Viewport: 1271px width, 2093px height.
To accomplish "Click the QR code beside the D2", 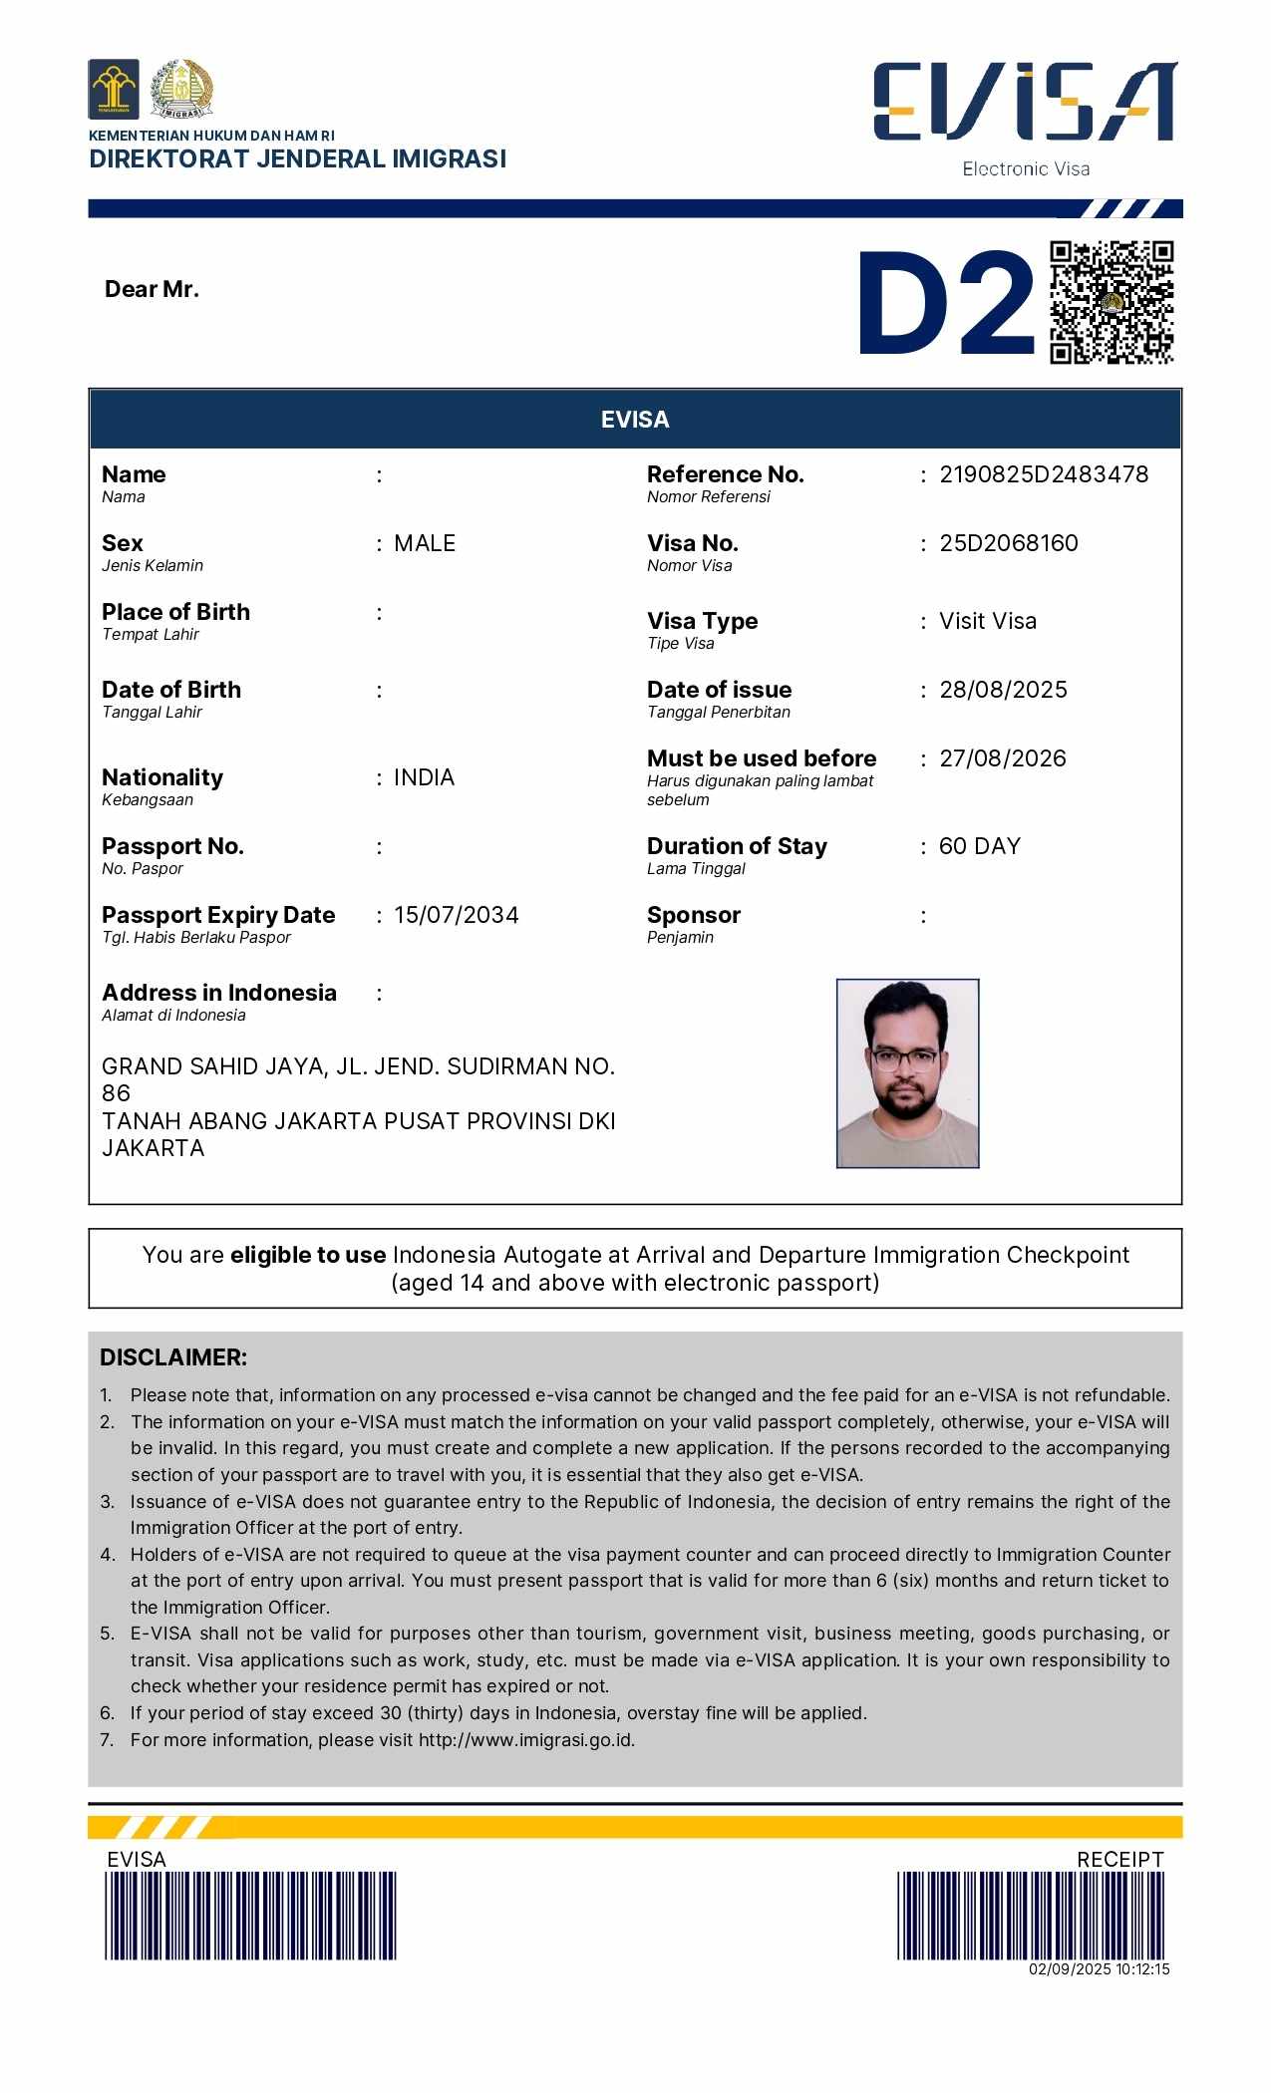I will pyautogui.click(x=1112, y=302).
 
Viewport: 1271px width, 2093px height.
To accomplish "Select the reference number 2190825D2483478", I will pyautogui.click(x=1044, y=474).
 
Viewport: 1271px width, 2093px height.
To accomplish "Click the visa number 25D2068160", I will pyautogui.click(x=1009, y=543).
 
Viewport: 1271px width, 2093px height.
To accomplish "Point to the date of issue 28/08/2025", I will pyautogui.click(x=1003, y=690).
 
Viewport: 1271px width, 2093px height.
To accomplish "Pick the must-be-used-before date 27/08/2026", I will pyautogui.click(x=1003, y=758).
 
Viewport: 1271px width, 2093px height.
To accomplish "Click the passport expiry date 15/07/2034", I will pyautogui.click(x=457, y=915).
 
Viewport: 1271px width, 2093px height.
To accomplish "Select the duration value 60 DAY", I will pyautogui.click(x=980, y=846).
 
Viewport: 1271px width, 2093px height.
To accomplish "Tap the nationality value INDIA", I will pyautogui.click(x=425, y=777).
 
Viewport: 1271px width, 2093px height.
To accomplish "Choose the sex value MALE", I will pyautogui.click(x=425, y=543).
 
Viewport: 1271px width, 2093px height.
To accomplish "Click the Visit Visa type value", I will pyautogui.click(x=988, y=621).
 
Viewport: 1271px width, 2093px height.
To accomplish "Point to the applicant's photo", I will pyautogui.click(x=907, y=1072).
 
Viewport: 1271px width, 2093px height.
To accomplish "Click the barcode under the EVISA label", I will pyautogui.click(x=250, y=1916).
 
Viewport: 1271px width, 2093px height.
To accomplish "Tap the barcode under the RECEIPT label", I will pyautogui.click(x=1031, y=1916).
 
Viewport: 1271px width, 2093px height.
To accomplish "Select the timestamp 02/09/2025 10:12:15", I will pyautogui.click(x=1100, y=1969).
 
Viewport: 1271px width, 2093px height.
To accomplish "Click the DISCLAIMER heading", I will pyautogui.click(x=173, y=1357).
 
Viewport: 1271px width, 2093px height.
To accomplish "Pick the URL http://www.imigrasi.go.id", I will pyautogui.click(x=526, y=1740).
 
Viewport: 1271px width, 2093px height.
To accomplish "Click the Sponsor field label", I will pyautogui.click(x=694, y=915).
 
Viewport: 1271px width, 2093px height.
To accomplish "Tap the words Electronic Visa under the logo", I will pyautogui.click(x=1026, y=169).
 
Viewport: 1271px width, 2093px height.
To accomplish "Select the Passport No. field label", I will pyautogui.click(x=172, y=846).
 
